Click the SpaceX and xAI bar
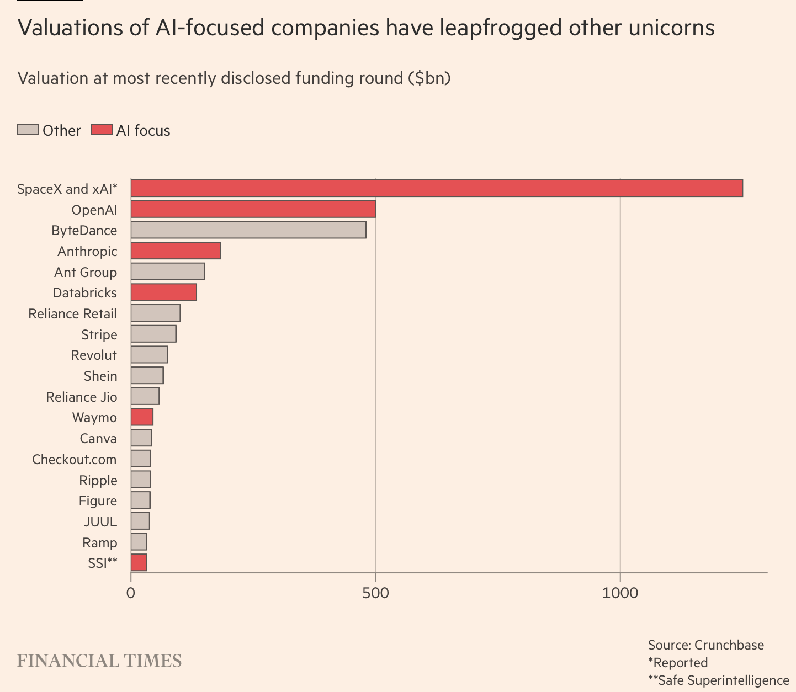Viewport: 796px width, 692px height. tap(436, 188)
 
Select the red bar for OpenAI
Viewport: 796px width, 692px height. tap(253, 209)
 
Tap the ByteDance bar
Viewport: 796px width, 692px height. tap(248, 230)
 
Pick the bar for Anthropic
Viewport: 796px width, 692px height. tap(176, 251)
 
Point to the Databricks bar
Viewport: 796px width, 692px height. tap(163, 292)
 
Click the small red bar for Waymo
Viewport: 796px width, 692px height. tap(142, 417)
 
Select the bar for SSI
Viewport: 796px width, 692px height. tap(139, 563)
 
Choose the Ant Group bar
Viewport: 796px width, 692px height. tap(167, 272)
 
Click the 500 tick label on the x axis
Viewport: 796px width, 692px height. tap(375, 593)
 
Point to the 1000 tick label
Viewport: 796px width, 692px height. tap(620, 593)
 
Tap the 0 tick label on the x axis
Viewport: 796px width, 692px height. tap(131, 593)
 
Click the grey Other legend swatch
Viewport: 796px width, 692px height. tap(28, 130)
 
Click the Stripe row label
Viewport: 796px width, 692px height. tap(99, 334)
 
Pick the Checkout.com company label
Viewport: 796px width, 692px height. tap(75, 459)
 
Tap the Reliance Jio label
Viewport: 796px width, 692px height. tap(82, 397)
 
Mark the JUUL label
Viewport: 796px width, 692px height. tap(100, 521)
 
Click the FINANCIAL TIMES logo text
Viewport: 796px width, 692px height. tap(99, 661)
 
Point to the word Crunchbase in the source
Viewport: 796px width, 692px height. tap(729, 645)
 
